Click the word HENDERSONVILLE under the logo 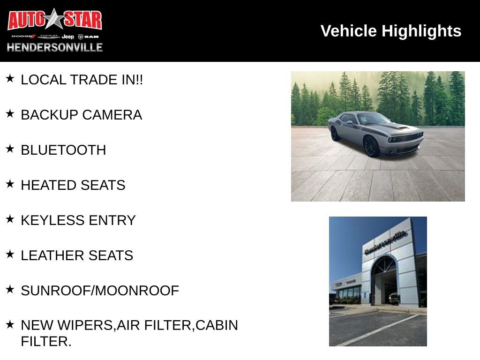(x=55, y=47)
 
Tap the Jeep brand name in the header (x=67, y=37)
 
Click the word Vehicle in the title (x=348, y=31)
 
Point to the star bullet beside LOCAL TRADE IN (x=10, y=78)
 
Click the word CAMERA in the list (x=112, y=115)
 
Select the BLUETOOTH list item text (x=63, y=150)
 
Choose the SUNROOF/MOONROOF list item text (x=100, y=291)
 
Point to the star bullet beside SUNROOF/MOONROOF (x=10, y=289)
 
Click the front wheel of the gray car (x=372, y=147)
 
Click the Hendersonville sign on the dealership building (x=386, y=242)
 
